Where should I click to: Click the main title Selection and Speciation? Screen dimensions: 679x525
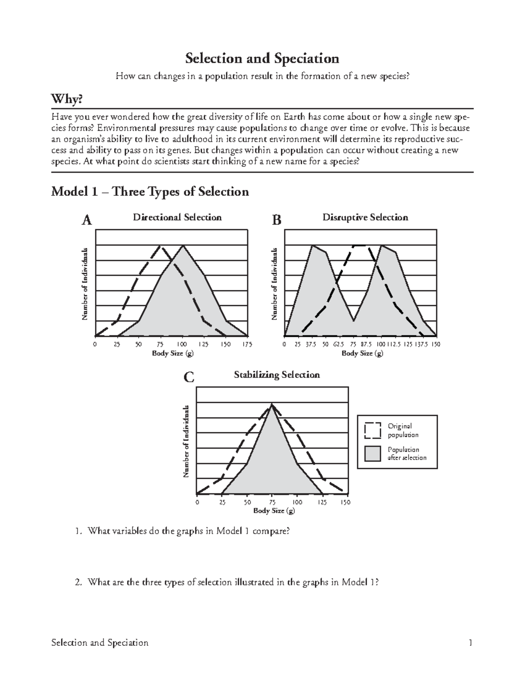(x=262, y=58)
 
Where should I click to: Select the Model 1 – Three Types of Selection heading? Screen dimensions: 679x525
(x=150, y=192)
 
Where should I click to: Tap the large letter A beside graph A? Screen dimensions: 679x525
(x=87, y=220)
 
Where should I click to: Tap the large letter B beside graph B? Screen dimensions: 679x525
(x=276, y=220)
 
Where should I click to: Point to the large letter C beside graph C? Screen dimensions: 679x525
(x=189, y=377)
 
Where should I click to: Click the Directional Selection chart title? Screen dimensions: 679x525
(x=177, y=217)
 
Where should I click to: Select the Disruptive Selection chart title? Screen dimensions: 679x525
(x=365, y=217)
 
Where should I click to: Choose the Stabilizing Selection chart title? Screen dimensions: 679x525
(x=276, y=375)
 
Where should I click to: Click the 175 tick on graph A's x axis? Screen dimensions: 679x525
(x=247, y=345)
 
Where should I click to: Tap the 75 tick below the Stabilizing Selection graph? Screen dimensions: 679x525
(x=272, y=502)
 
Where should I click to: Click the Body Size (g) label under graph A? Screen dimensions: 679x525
(x=172, y=353)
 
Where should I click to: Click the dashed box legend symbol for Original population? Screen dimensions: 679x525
(x=372, y=430)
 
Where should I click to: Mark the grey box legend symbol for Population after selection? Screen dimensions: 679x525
(x=372, y=454)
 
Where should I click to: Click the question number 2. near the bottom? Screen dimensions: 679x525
(x=78, y=582)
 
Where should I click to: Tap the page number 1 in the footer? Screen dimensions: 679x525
(x=470, y=643)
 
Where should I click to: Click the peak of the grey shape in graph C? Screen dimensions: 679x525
(x=272, y=405)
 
